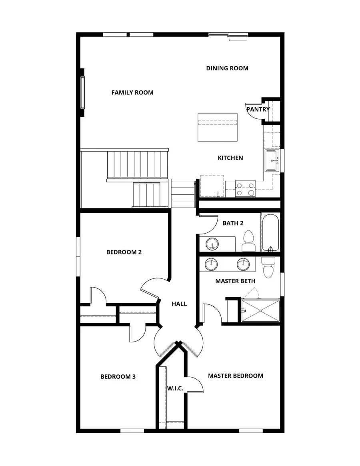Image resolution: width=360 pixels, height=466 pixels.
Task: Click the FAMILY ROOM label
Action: [x=132, y=92]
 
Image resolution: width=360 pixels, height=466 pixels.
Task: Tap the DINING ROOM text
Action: [x=227, y=68]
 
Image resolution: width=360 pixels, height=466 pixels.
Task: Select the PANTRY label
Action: [x=258, y=109]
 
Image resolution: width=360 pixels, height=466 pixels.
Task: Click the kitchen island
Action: [x=218, y=127]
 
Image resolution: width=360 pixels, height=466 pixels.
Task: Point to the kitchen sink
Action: [x=272, y=161]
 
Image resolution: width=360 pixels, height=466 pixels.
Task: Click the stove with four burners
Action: [x=245, y=188]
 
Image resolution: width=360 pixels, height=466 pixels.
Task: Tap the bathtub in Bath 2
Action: [x=270, y=232]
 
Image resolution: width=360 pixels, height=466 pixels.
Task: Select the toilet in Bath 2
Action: [x=248, y=240]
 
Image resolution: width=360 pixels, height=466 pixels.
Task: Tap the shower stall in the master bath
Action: [x=260, y=310]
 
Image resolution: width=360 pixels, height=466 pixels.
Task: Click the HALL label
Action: [x=179, y=304]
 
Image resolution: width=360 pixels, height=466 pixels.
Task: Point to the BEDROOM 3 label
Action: [x=118, y=376]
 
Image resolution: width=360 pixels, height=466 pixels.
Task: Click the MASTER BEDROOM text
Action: [x=235, y=376]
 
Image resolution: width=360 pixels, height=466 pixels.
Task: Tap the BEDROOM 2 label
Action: [x=124, y=252]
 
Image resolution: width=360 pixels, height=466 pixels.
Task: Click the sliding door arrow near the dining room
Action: [x=238, y=40]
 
